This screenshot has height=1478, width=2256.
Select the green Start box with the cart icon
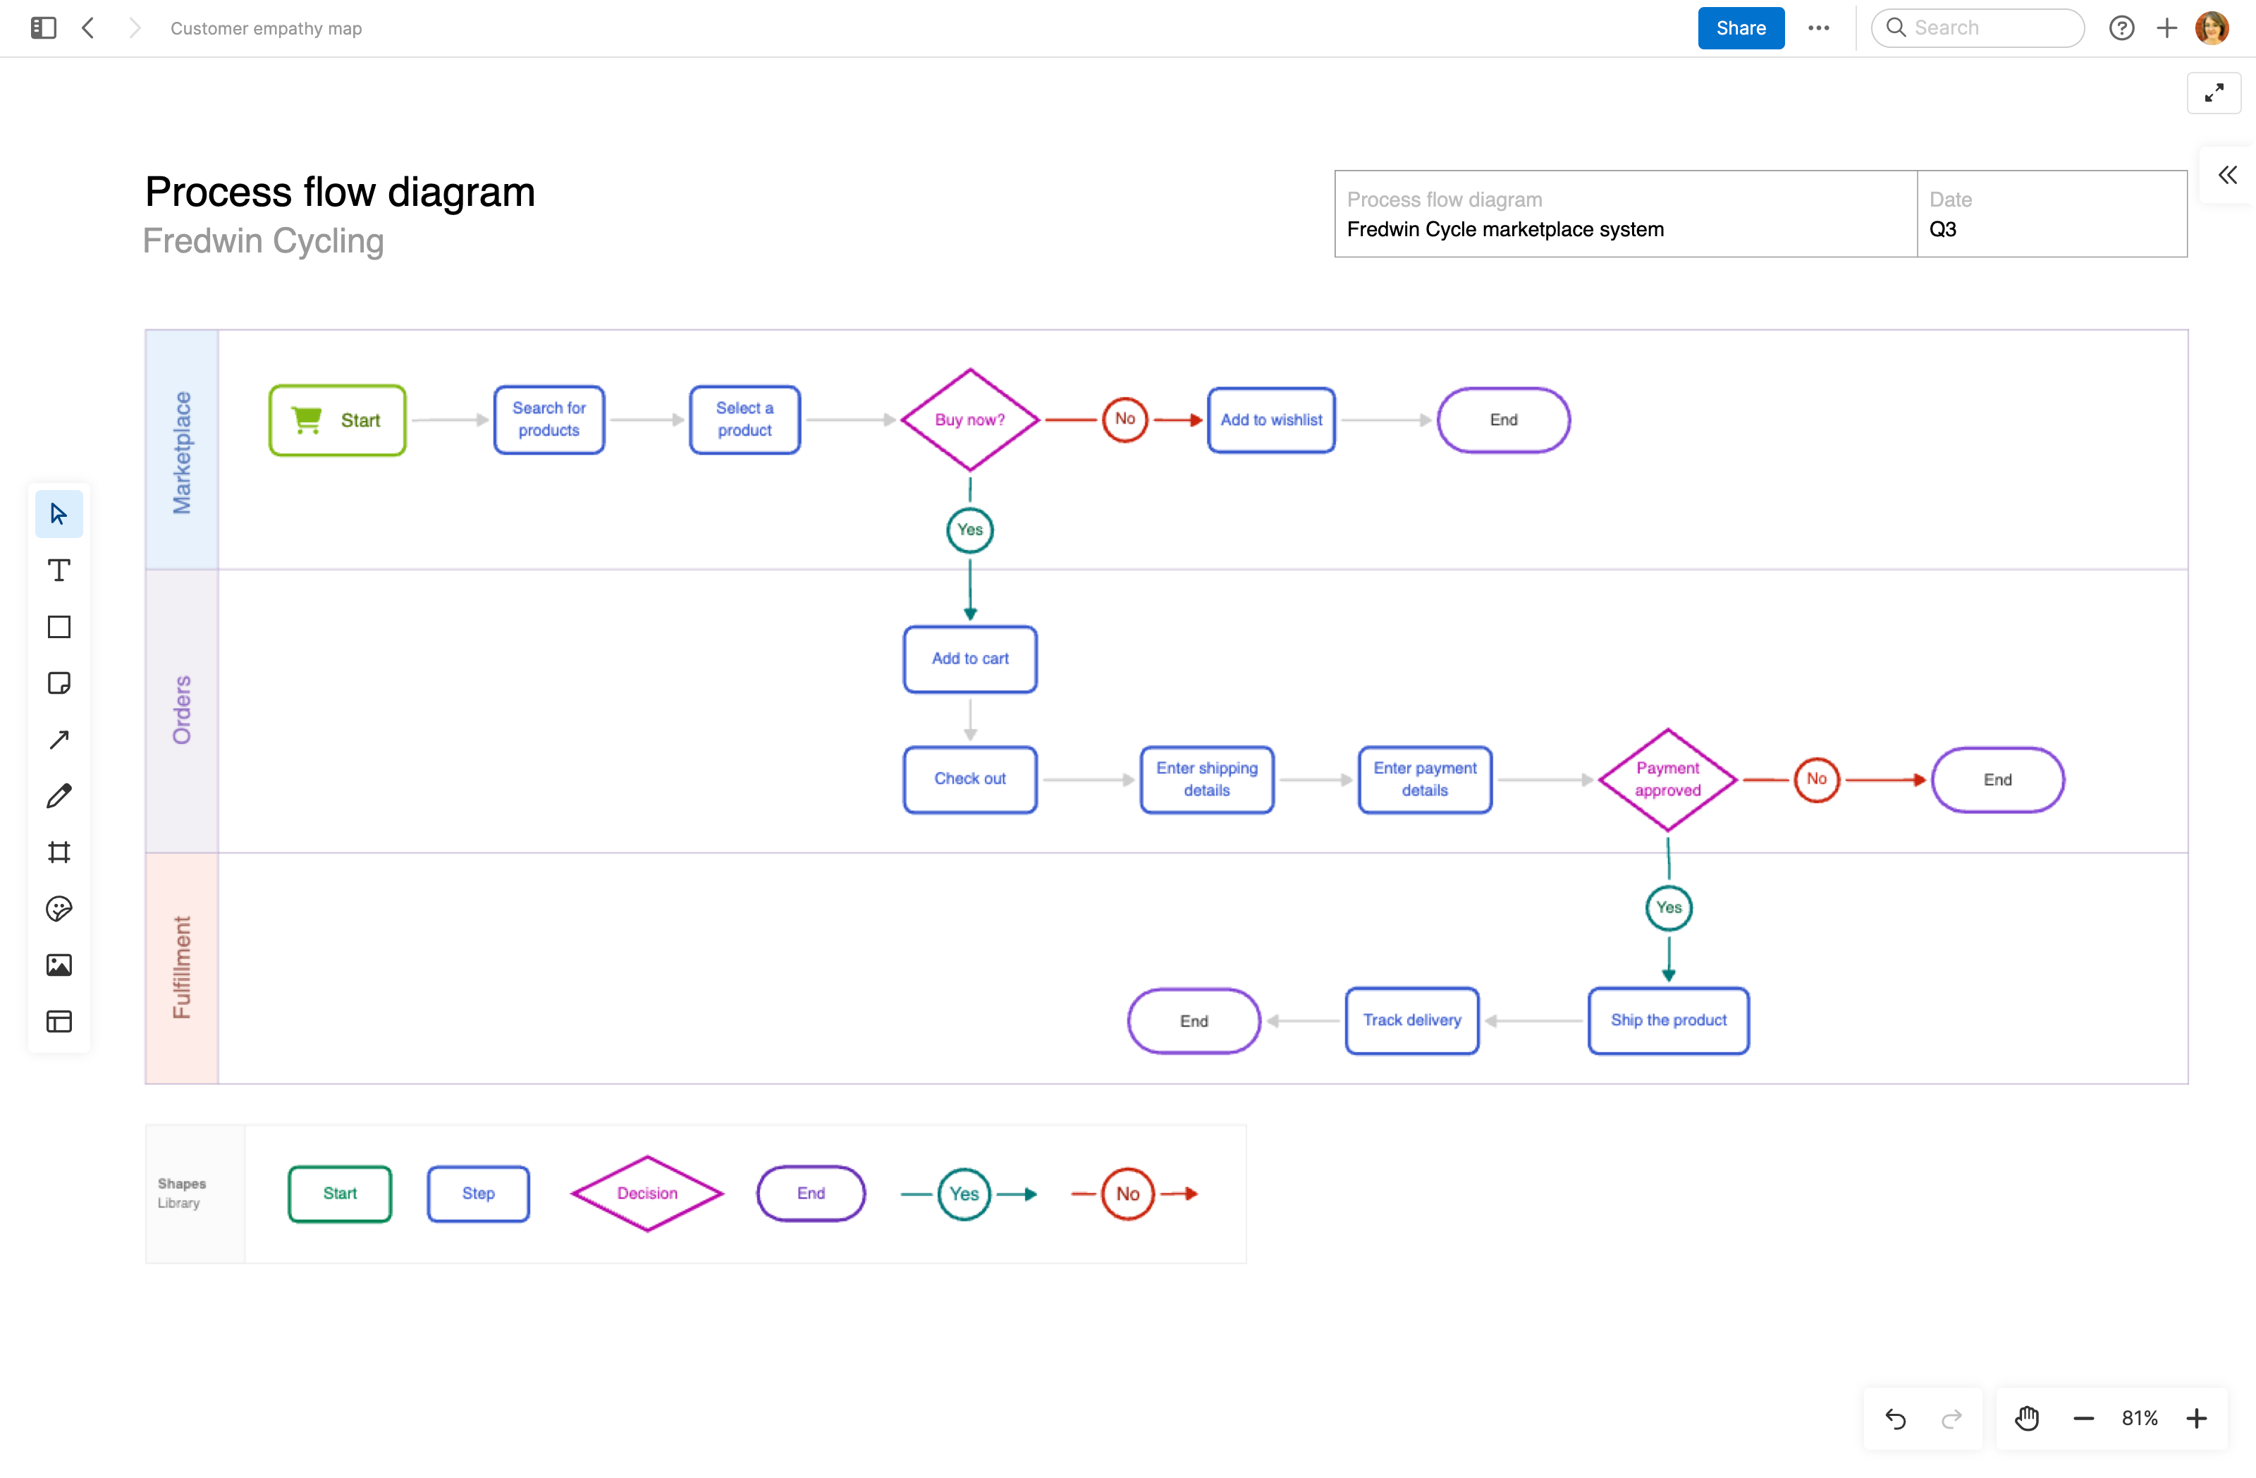[x=338, y=420]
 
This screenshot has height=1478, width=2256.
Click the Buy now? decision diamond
[x=969, y=420]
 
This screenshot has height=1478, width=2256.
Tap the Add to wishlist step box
[x=1270, y=420]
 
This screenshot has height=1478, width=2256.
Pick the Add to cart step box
[x=969, y=659]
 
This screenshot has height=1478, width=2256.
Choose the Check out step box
[x=969, y=779]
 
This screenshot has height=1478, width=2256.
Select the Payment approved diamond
[x=1667, y=779]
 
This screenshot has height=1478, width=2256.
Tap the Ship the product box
[x=1667, y=1020]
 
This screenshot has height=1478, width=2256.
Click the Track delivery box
[x=1411, y=1020]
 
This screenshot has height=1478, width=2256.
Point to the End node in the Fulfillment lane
[x=1194, y=1021]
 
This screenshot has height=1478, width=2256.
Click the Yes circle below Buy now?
[x=969, y=530]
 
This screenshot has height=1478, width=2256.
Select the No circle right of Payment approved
[x=1815, y=779]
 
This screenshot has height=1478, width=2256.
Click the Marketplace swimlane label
[x=181, y=451]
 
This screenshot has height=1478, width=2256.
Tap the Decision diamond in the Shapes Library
[x=646, y=1194]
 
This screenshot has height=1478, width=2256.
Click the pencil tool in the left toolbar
[x=59, y=795]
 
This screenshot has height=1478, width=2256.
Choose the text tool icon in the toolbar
[x=59, y=570]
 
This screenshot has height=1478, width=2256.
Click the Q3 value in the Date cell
[x=1942, y=229]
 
